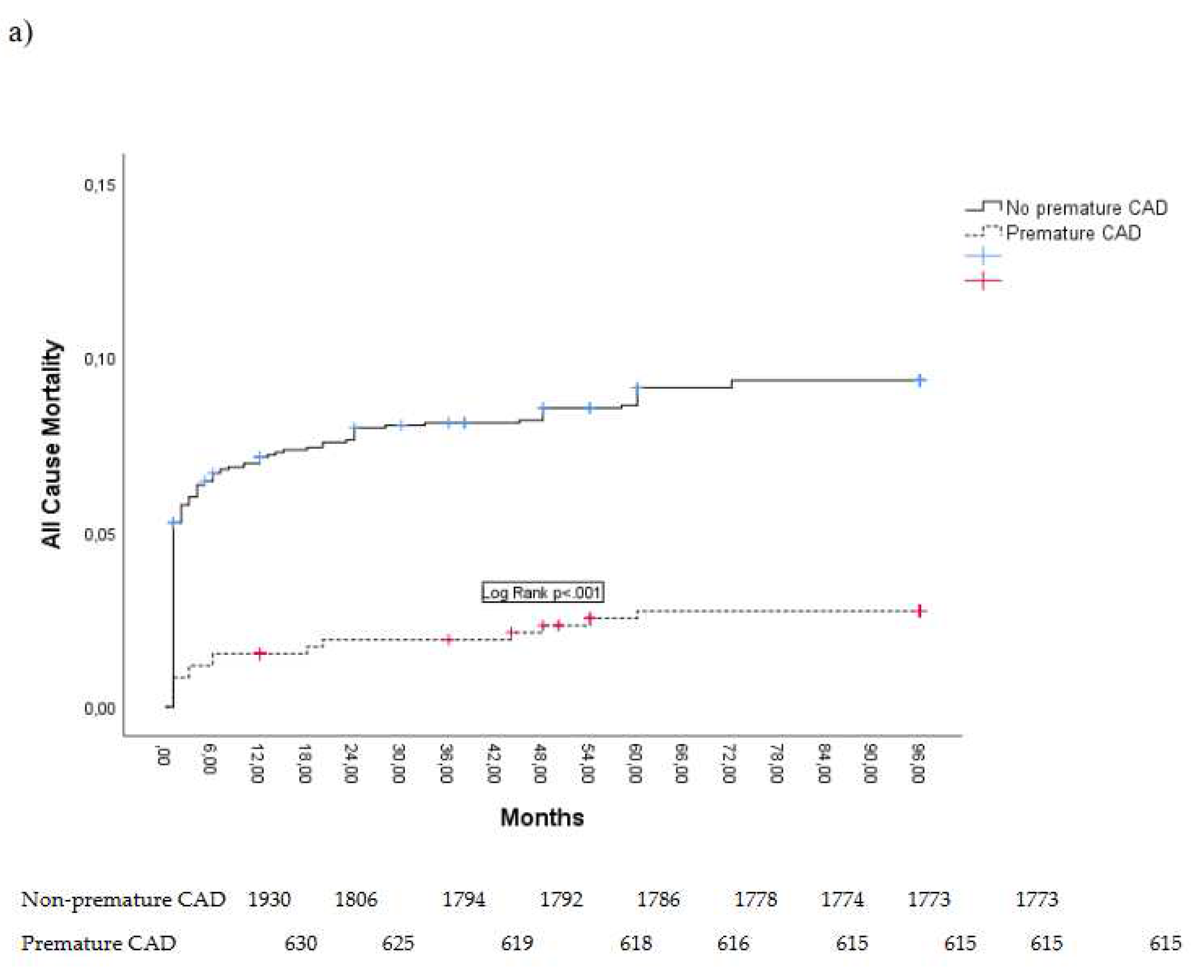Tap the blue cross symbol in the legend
[983, 256]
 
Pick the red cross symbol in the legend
[983, 280]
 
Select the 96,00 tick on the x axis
[918, 763]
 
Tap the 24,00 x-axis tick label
[350, 763]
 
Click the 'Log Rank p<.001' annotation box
[542, 592]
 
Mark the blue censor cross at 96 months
[919, 380]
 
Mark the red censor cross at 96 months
[919, 611]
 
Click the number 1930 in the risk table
[269, 900]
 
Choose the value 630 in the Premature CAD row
[300, 943]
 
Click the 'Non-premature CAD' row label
[123, 900]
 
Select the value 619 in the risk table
[516, 943]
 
